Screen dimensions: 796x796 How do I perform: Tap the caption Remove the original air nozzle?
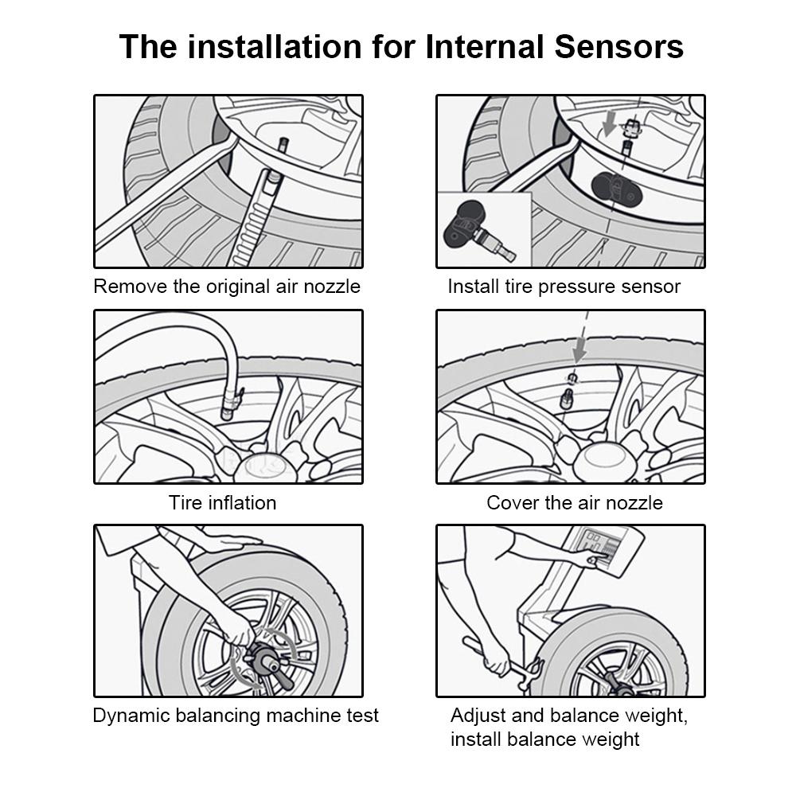pos(227,287)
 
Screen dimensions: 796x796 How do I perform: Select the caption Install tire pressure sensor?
pos(564,287)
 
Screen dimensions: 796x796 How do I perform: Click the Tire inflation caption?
pos(222,503)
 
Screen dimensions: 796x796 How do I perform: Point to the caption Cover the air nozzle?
pos(574,503)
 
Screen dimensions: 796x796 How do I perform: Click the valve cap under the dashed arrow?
pos(570,378)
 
